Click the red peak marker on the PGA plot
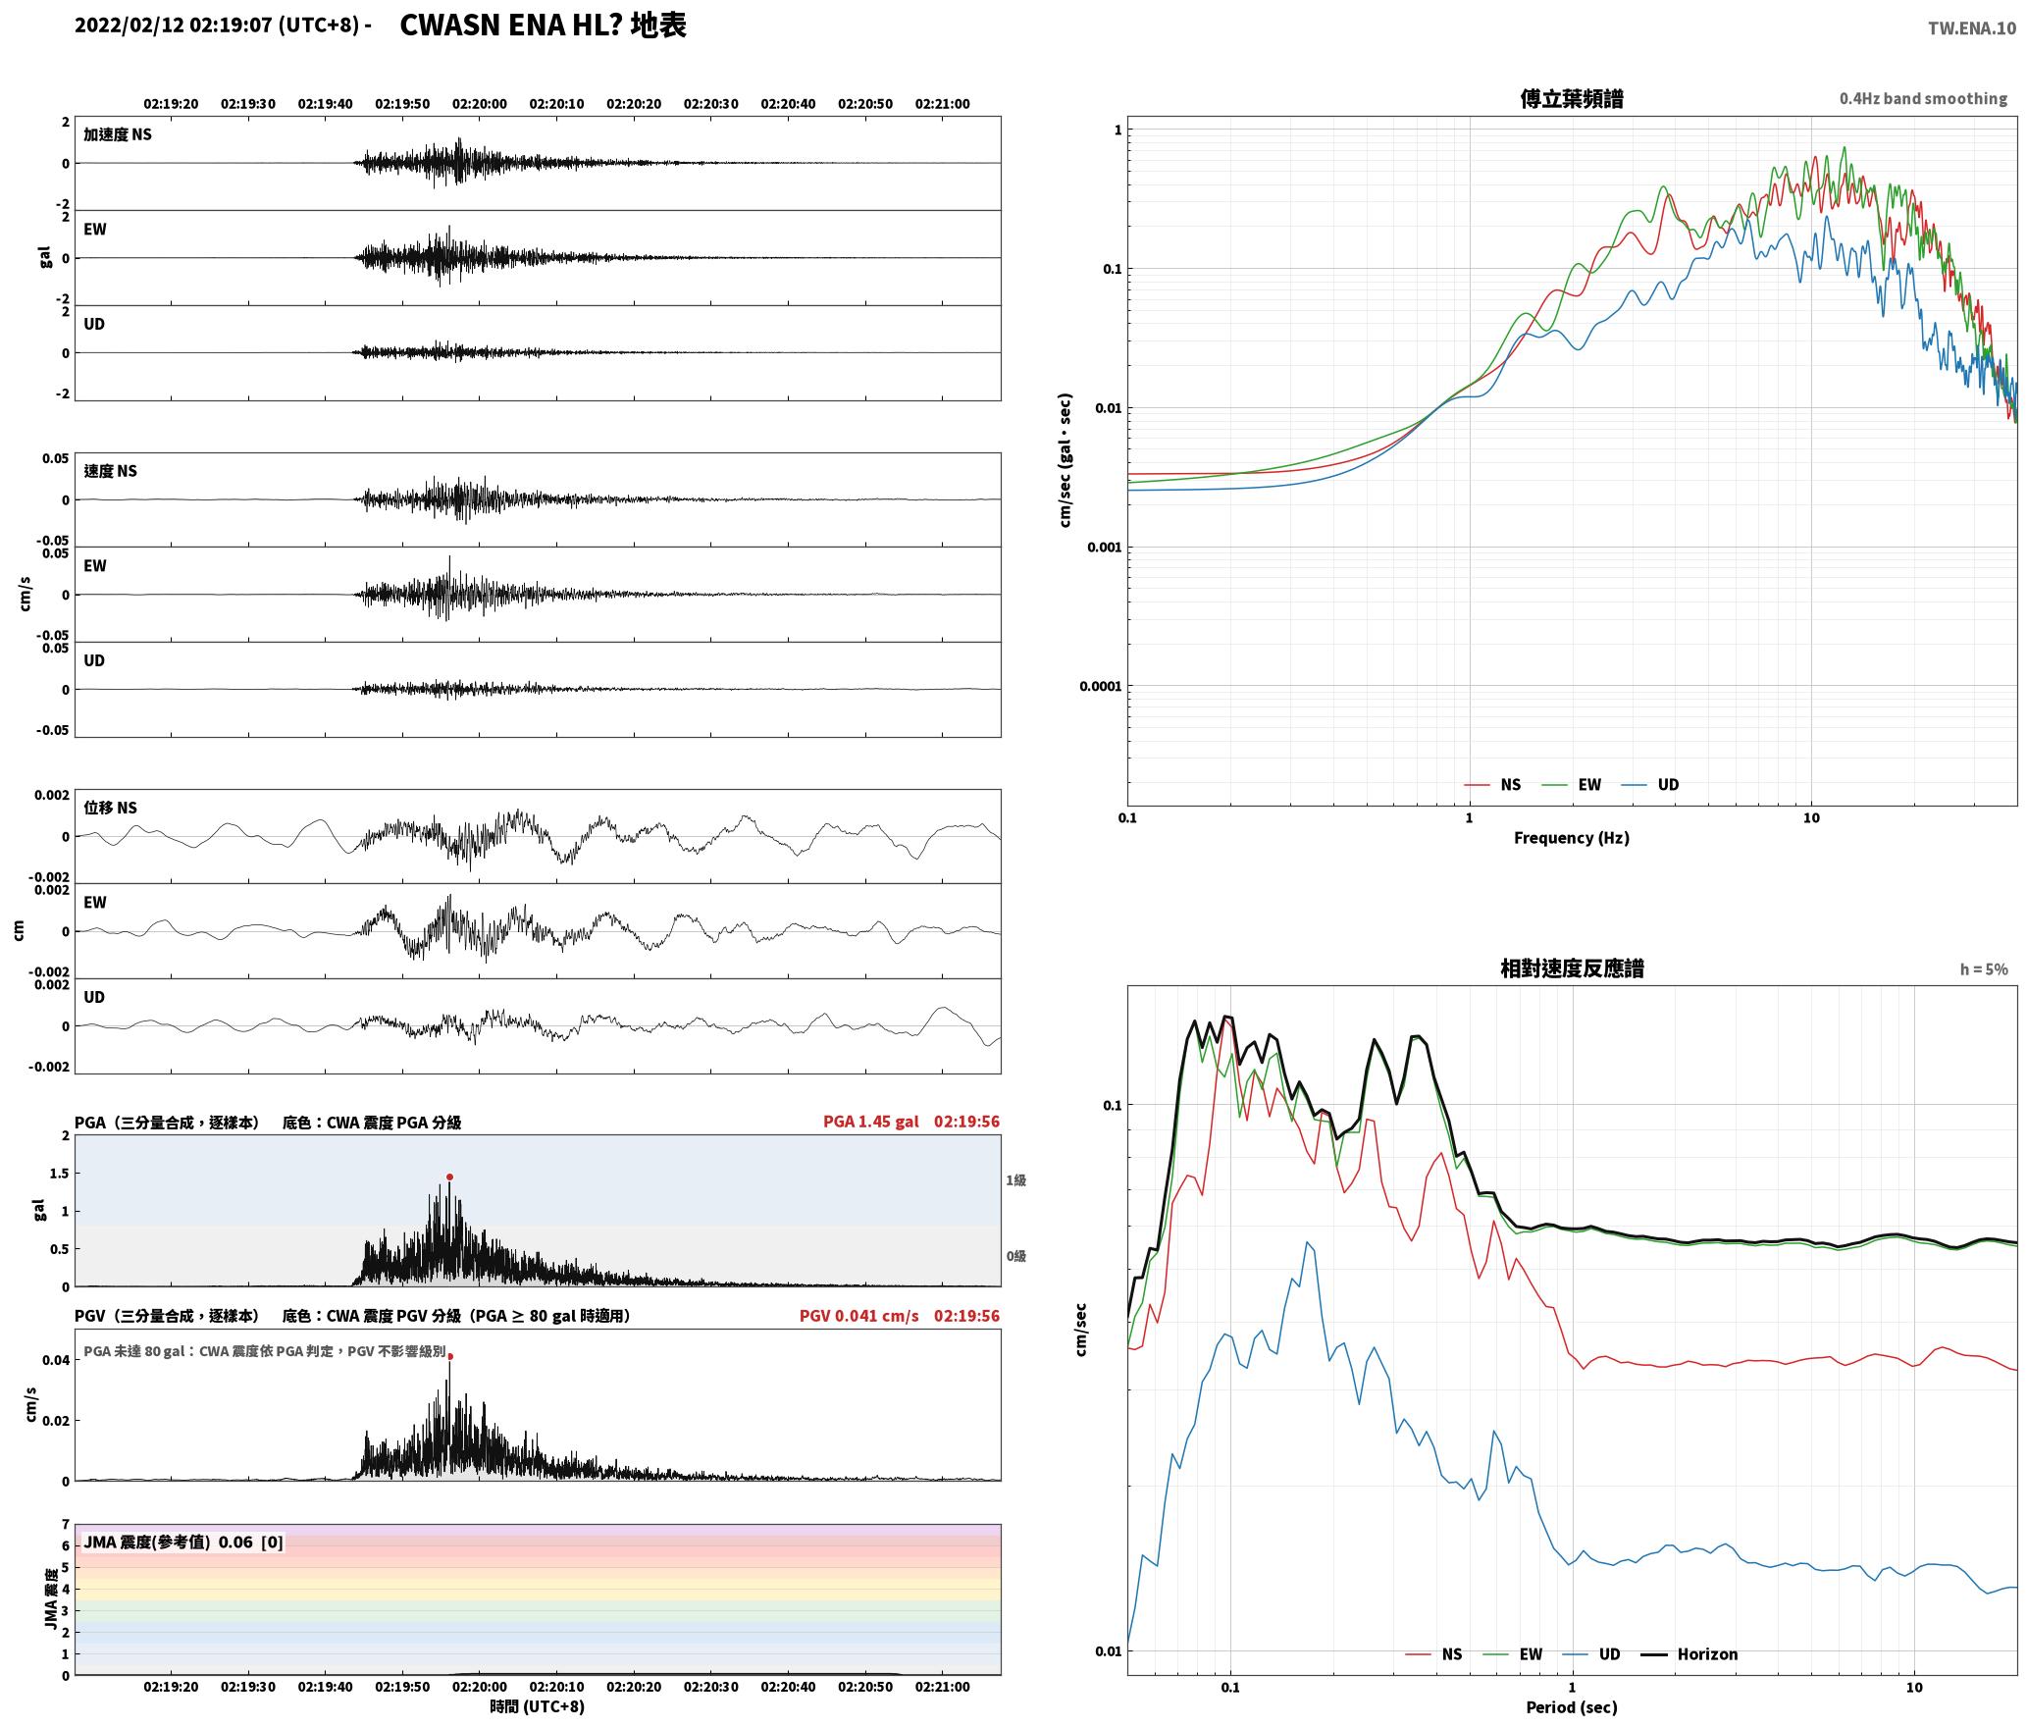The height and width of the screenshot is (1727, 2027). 449,1177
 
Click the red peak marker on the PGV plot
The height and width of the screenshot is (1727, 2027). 450,1356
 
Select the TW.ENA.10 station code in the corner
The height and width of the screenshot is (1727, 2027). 1972,28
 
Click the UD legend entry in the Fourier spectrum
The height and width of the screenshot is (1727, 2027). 1650,784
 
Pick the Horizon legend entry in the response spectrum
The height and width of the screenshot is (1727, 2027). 1689,1653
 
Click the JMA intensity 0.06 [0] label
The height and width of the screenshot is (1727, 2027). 183,1542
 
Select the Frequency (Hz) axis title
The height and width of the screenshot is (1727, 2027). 1571,837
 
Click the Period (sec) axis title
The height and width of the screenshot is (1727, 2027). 1571,1706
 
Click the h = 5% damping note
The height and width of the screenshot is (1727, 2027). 1984,968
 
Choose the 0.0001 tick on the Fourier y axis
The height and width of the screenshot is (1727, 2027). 1100,686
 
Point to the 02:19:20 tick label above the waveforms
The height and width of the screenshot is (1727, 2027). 171,103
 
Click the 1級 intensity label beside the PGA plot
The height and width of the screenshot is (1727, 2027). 1015,1179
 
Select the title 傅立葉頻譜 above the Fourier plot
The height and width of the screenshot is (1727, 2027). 1571,98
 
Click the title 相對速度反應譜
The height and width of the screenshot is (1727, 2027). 1572,968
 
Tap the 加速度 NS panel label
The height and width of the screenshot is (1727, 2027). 118,134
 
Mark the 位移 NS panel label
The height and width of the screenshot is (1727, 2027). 111,808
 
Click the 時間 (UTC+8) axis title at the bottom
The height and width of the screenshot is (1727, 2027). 538,1706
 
